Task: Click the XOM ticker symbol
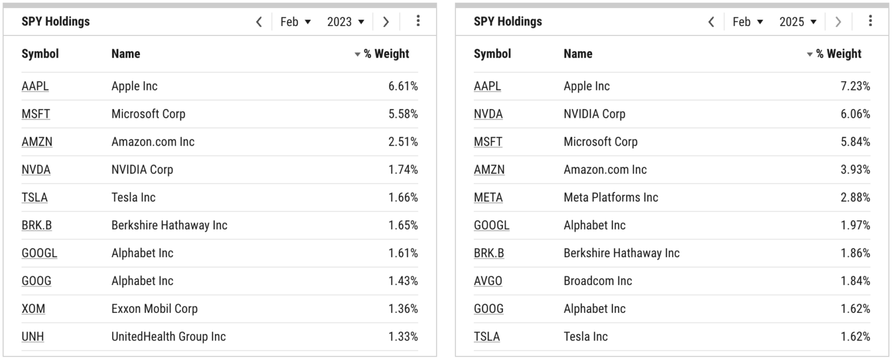coord(33,309)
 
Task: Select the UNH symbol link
coord(33,337)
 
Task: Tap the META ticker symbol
coord(488,197)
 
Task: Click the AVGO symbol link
coord(488,281)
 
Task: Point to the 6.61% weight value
coord(403,86)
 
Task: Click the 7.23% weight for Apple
coord(855,86)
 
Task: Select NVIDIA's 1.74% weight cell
coord(403,170)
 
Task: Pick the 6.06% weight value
coord(855,114)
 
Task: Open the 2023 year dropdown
coord(346,22)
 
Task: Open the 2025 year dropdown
coord(798,22)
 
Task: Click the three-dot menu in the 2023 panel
coord(418,21)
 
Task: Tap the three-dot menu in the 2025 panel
coord(870,21)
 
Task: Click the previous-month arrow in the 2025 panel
coord(711,22)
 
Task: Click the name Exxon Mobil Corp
coord(154,309)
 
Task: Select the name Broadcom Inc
coord(598,281)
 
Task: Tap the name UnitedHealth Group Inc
coord(168,337)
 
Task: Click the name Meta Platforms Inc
coord(611,197)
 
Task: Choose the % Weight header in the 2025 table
coord(838,54)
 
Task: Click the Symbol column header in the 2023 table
coord(40,54)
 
